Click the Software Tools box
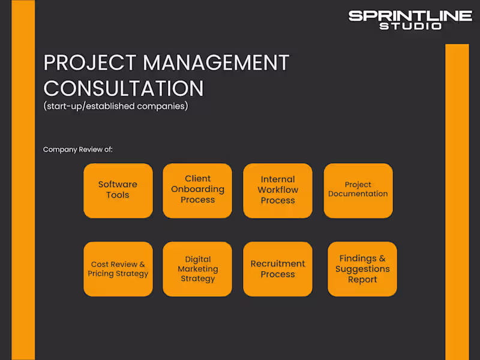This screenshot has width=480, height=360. [x=118, y=190]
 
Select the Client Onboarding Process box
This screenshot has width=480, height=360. [x=197, y=190]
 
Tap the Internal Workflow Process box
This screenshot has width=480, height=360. [x=277, y=190]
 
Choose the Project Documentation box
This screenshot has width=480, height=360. [x=358, y=190]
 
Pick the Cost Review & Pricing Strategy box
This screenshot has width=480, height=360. [x=118, y=269]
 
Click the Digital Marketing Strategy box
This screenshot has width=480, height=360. [x=197, y=269]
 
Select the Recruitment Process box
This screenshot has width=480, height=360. [x=277, y=269]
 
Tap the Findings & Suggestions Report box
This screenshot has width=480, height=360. [x=362, y=269]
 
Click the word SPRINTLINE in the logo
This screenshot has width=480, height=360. [x=410, y=16]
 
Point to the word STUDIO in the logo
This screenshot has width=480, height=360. [x=410, y=26]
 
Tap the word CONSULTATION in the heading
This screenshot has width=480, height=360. [x=124, y=88]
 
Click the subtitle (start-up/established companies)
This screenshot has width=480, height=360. [x=116, y=107]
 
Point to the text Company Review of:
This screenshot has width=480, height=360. [x=78, y=149]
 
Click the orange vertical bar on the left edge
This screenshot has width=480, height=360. [x=23, y=180]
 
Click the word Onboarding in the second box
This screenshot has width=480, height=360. [x=197, y=189]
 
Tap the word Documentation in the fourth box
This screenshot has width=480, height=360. [x=358, y=194]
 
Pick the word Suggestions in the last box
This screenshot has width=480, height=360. [x=362, y=269]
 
